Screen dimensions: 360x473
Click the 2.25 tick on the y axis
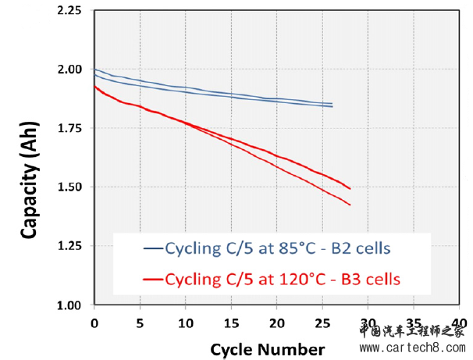pyautogui.click(x=68, y=11)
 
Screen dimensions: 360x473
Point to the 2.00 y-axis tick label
pyautogui.click(x=68, y=70)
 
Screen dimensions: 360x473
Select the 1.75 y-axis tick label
pyautogui.click(x=68, y=128)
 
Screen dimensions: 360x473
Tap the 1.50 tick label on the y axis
pyautogui.click(x=68, y=187)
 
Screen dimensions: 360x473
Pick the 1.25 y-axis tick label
pyautogui.click(x=68, y=246)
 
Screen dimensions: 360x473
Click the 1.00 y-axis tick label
pyautogui.click(x=68, y=305)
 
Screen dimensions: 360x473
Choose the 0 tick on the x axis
pyautogui.click(x=94, y=322)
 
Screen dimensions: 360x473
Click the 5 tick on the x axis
pyautogui.click(x=140, y=322)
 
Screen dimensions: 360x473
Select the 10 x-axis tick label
pyautogui.click(x=185, y=322)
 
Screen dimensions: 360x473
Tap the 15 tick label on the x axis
pyautogui.click(x=231, y=322)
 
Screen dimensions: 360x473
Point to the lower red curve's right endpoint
pyautogui.click(x=350, y=205)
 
